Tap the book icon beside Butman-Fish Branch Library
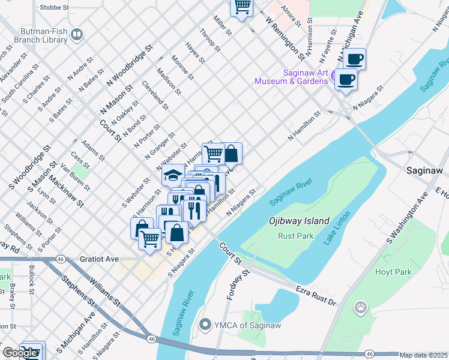(76, 35)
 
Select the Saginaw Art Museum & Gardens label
(291, 77)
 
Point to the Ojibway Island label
(300, 221)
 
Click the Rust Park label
(295, 236)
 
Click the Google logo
(20, 352)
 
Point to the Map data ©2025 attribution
(424, 355)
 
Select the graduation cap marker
(173, 175)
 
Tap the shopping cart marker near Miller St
(242, 7)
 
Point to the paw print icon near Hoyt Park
(361, 308)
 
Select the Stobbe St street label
(55, 8)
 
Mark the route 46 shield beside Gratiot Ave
(61, 258)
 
